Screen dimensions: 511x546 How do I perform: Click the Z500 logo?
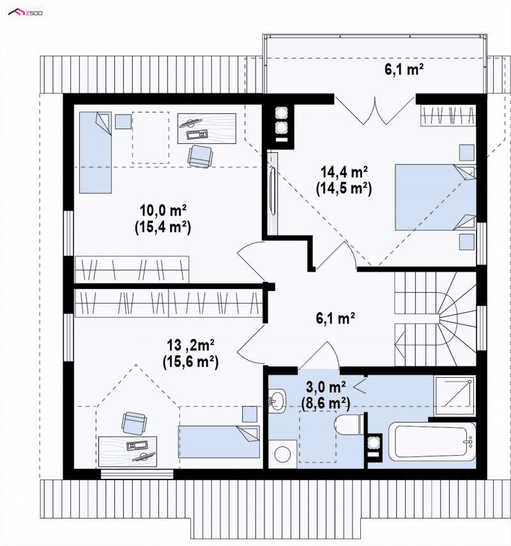pos(26,13)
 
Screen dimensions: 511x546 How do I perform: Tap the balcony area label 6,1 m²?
pos(404,69)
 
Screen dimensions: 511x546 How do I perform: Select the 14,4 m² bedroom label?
pos(344,172)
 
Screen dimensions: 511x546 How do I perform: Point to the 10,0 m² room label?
pos(163,210)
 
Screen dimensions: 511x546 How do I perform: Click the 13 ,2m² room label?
pos(190,345)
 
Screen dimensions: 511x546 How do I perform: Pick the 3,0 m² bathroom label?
pos(326,387)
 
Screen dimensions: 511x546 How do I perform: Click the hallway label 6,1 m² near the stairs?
pos(335,318)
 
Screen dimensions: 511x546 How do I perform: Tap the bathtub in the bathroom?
pos(432,442)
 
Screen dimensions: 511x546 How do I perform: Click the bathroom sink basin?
pos(277,401)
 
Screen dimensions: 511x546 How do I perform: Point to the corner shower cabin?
pos(454,395)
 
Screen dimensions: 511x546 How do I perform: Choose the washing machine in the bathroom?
pos(282,454)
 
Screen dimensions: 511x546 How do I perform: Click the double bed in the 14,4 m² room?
pos(436,198)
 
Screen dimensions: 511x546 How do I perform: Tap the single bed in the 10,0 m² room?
pos(95,153)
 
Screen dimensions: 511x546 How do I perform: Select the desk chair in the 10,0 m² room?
pos(200,157)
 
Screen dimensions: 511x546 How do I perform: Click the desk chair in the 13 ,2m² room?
pos(134,423)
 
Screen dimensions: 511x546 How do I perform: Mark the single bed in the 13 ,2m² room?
pos(219,442)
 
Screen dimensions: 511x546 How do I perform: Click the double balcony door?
pos(375,110)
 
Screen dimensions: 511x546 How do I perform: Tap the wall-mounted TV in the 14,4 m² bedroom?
pos(273,192)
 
